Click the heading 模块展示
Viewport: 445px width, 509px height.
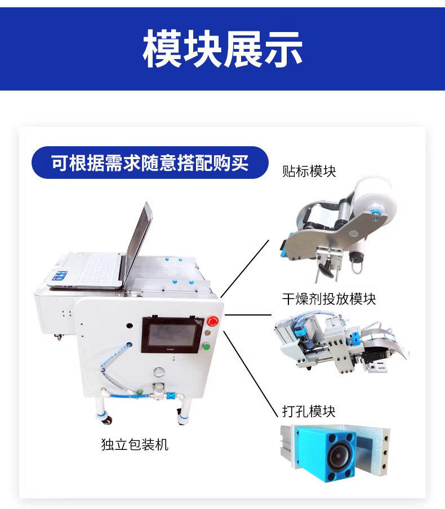click(x=222, y=49)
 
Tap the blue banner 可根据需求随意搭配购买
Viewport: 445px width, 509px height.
click(x=150, y=163)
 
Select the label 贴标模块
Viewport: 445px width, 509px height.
click(x=309, y=171)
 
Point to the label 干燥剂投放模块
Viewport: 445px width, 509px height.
click(x=329, y=299)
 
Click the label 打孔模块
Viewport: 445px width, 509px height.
click(x=309, y=411)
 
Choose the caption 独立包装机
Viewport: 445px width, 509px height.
click(x=135, y=444)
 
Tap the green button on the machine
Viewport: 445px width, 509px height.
click(x=206, y=346)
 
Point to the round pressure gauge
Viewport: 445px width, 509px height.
click(x=159, y=372)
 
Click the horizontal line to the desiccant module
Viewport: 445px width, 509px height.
click(x=248, y=314)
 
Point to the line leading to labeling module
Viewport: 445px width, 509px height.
click(x=245, y=269)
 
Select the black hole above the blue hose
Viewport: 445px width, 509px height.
click(x=130, y=325)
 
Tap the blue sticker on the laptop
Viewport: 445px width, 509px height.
click(x=60, y=275)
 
